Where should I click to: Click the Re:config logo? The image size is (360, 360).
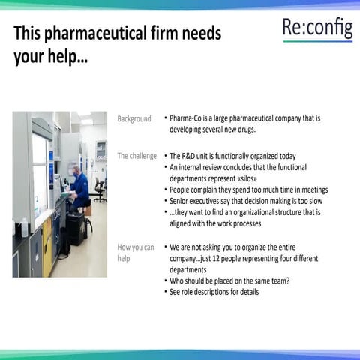[317, 29]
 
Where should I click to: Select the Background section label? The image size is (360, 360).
[133, 118]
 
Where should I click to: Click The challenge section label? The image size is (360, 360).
[136, 156]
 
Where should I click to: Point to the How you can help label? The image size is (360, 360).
[136, 252]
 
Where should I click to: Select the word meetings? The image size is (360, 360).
[309, 190]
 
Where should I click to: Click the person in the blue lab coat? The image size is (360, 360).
[79, 185]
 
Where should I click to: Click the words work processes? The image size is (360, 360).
[234, 223]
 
